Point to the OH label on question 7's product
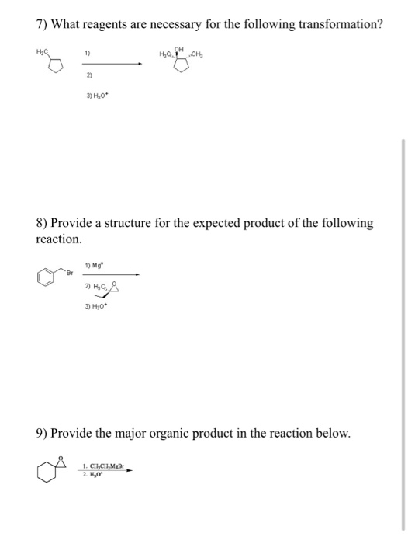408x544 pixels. click(x=180, y=48)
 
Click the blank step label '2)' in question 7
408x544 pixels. click(x=89, y=75)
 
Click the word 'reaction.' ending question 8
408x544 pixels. click(x=59, y=239)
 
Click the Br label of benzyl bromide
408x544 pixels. click(x=69, y=273)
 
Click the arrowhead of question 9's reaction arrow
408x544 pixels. click(x=129, y=470)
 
